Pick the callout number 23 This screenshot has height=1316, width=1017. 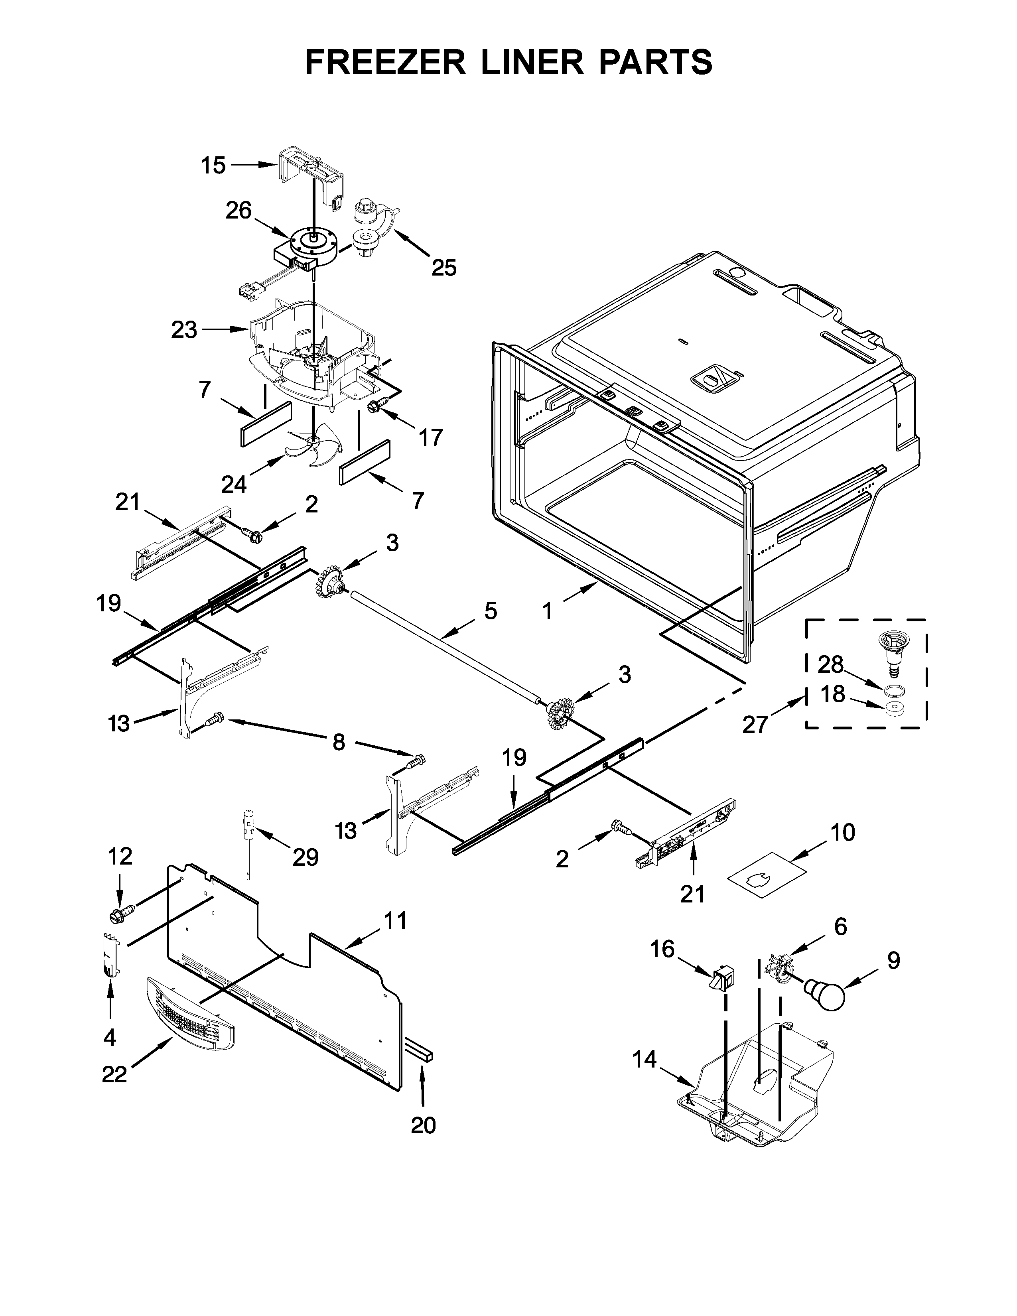[x=184, y=330]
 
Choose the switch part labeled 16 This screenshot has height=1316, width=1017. [x=721, y=980]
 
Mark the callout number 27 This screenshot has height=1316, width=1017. [x=755, y=724]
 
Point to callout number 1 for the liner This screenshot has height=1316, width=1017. [x=547, y=612]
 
